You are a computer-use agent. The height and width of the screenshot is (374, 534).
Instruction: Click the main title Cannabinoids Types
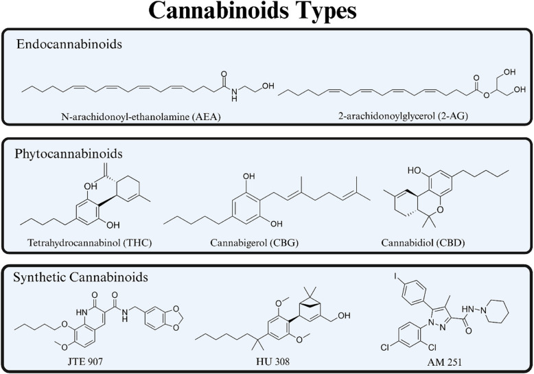(x=267, y=14)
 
